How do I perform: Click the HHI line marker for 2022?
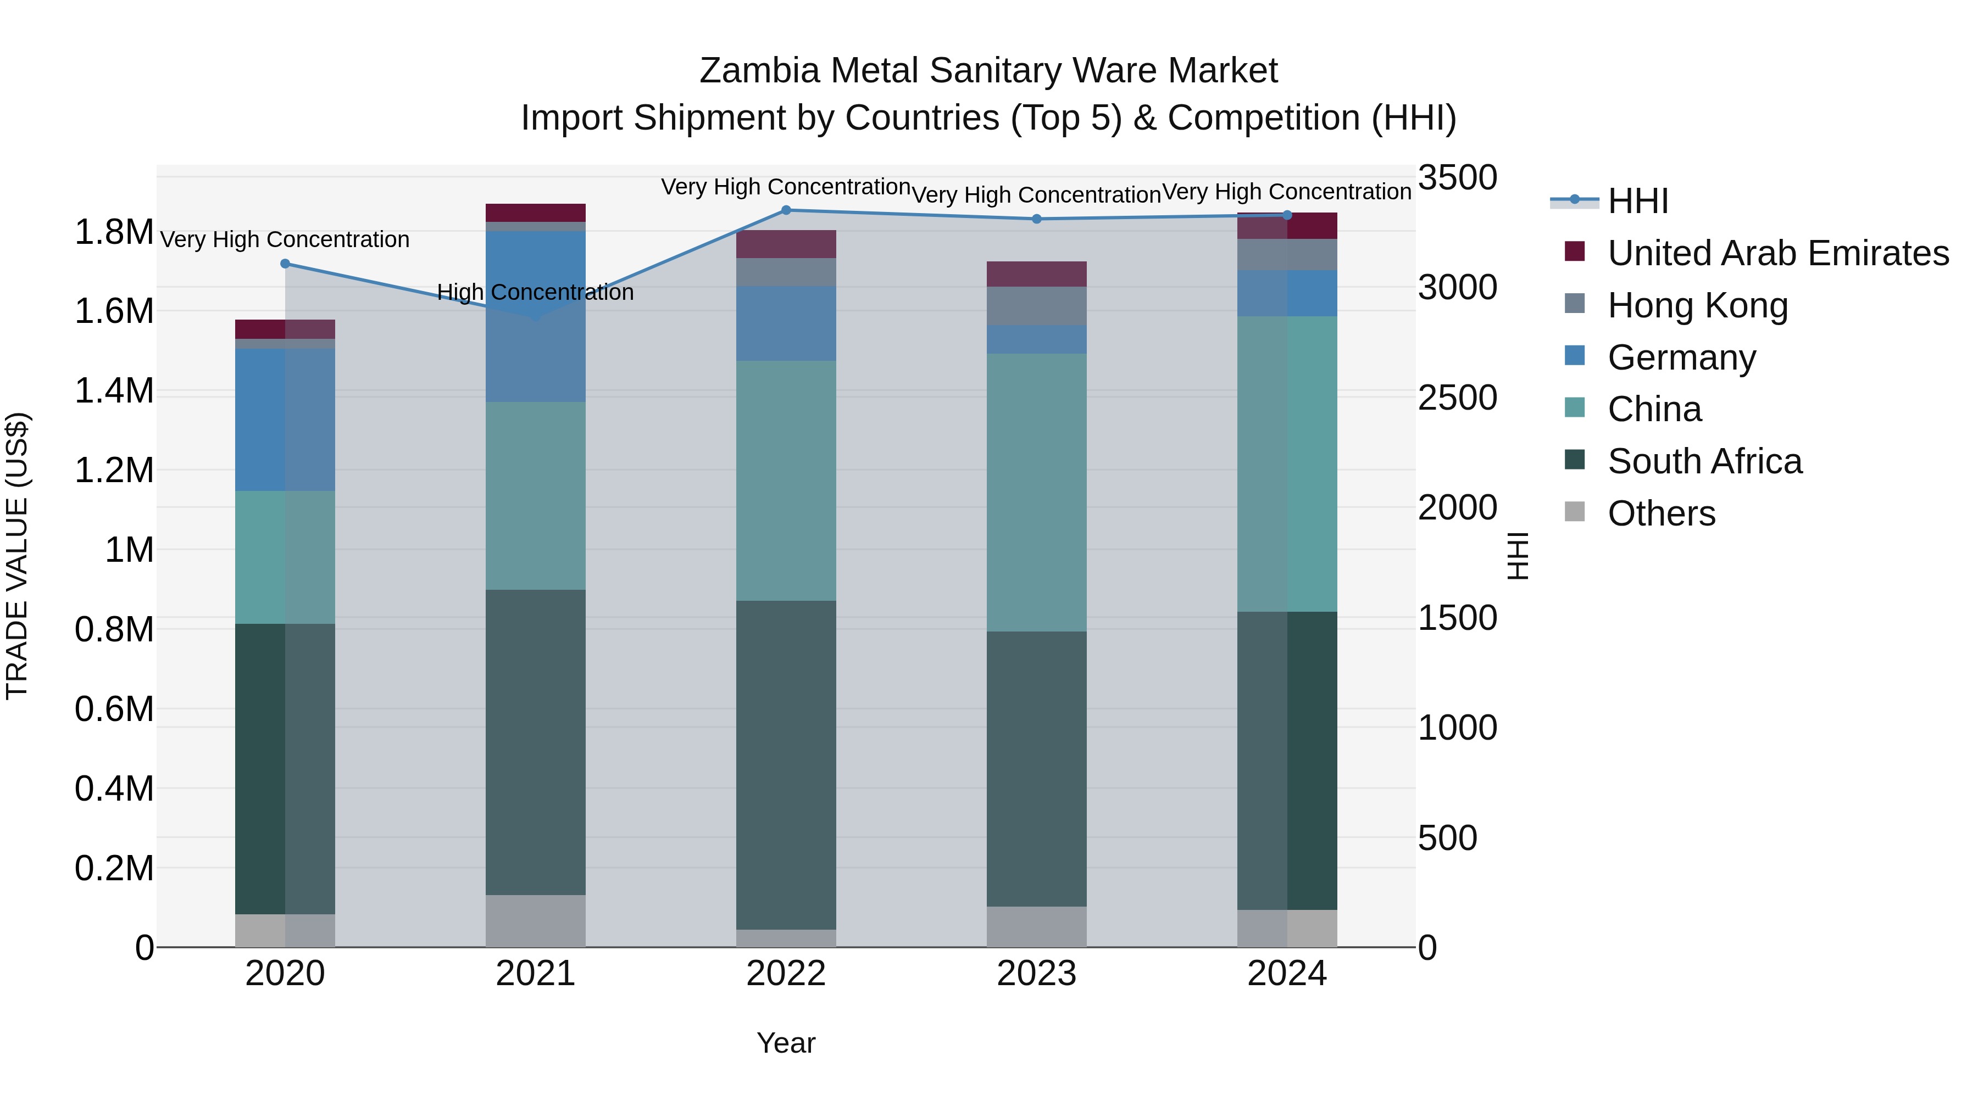point(786,210)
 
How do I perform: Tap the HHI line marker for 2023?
point(1037,219)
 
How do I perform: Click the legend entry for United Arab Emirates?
point(1777,253)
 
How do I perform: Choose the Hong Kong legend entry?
point(1697,305)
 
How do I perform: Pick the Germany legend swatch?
point(1574,356)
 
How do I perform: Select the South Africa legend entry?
point(1704,461)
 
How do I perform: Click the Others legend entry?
point(1661,513)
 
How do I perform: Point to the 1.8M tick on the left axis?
point(114,232)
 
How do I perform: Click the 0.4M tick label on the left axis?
point(114,789)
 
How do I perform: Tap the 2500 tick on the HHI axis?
point(1457,398)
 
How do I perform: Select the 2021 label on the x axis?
point(535,974)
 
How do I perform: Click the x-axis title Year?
point(786,1043)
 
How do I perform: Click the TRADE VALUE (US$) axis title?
point(17,556)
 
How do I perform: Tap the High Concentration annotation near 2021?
point(535,292)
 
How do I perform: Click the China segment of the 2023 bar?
point(1037,493)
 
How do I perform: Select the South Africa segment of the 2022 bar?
point(786,765)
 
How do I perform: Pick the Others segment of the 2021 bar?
point(535,921)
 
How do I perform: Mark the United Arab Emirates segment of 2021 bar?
point(535,213)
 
